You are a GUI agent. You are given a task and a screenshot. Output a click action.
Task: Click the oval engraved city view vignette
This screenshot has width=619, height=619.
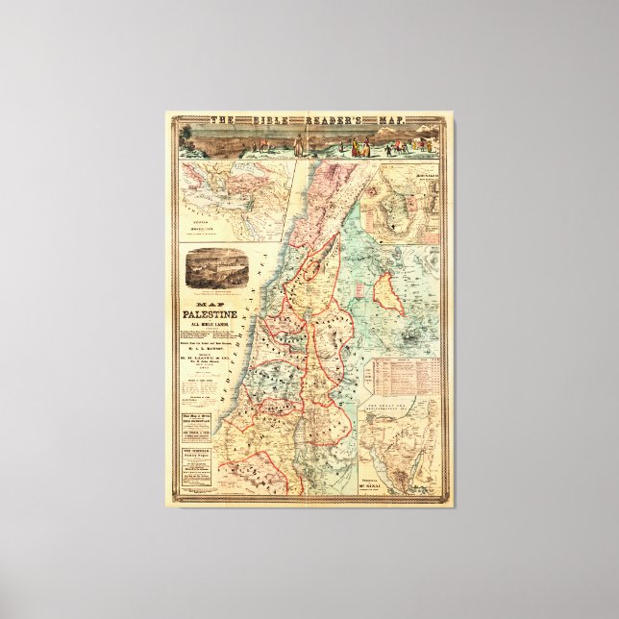point(213,268)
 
